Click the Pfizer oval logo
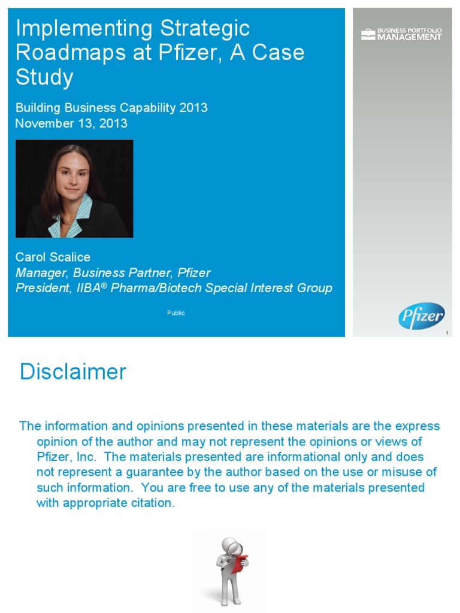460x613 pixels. click(x=421, y=315)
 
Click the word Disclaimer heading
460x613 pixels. click(x=72, y=372)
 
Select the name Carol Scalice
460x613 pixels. click(x=53, y=257)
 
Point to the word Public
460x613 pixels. click(x=176, y=313)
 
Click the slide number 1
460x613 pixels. click(x=447, y=333)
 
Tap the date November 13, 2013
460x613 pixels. click(x=71, y=123)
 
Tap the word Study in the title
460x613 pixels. click(x=44, y=77)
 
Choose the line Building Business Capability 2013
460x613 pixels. click(x=111, y=108)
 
